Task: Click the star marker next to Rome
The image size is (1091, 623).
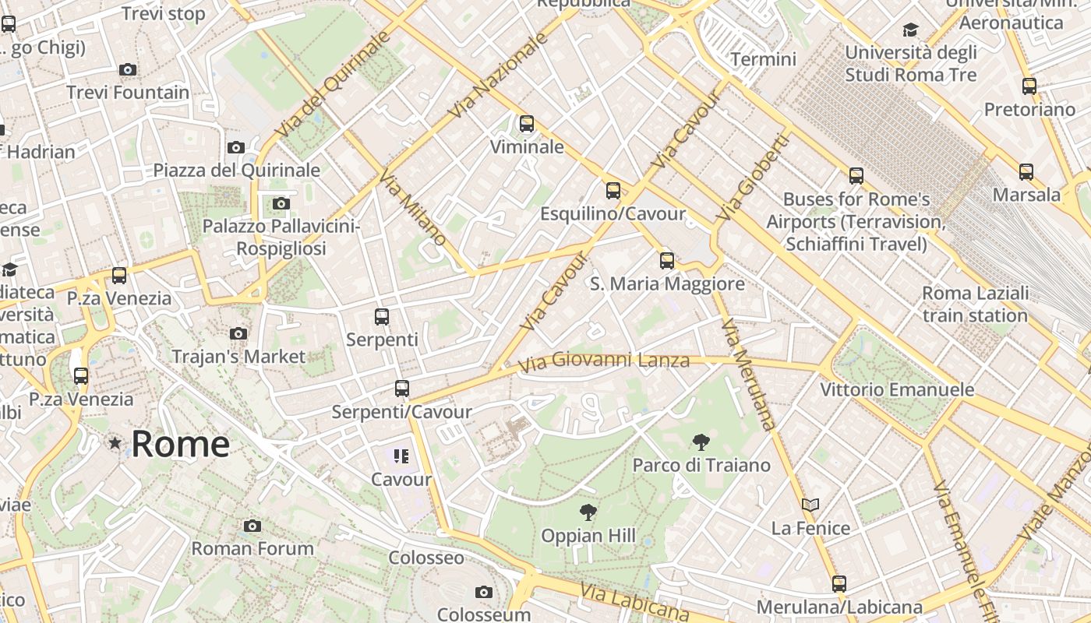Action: (115, 443)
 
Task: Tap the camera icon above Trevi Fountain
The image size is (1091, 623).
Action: (128, 69)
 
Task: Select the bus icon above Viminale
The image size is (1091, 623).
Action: (527, 123)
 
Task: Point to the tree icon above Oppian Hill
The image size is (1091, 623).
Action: (588, 512)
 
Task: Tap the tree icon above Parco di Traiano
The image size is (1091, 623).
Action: (701, 442)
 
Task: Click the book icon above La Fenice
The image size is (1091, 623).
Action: (810, 505)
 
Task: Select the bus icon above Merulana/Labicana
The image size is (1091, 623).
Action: (839, 583)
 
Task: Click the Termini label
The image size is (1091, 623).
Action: (763, 59)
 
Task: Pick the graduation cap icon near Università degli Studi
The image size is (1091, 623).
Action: (910, 30)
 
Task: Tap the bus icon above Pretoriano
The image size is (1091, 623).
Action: (1029, 86)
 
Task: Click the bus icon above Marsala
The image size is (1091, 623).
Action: (1026, 171)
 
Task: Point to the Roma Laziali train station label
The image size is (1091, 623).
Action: (975, 304)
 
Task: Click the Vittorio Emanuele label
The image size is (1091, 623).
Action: (897, 389)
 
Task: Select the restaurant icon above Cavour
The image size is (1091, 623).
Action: (401, 456)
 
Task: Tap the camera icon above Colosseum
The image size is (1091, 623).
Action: (484, 592)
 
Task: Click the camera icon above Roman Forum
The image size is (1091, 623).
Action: (252, 526)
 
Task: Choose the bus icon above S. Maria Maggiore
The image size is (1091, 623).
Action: (667, 261)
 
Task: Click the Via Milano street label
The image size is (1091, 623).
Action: (413, 207)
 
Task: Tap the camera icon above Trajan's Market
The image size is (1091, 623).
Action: (238, 333)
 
